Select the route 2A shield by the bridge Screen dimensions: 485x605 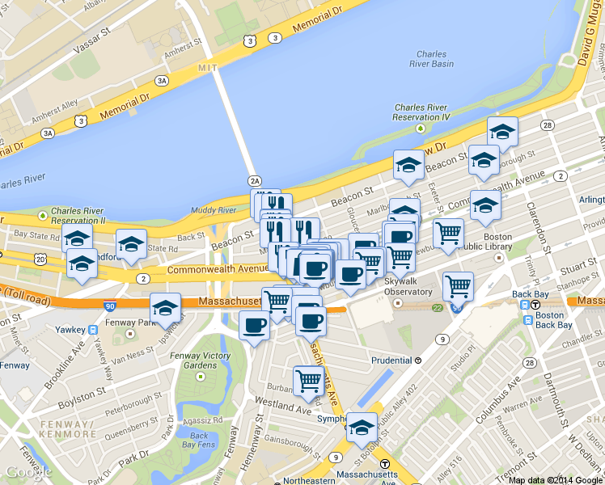click(x=256, y=181)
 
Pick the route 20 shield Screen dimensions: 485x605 click(x=40, y=258)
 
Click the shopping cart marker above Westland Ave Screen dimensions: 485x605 click(x=308, y=380)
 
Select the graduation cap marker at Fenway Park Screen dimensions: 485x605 click(x=165, y=308)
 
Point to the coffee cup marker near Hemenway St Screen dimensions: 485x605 click(x=255, y=326)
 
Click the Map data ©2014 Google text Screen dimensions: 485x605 click(x=555, y=479)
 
